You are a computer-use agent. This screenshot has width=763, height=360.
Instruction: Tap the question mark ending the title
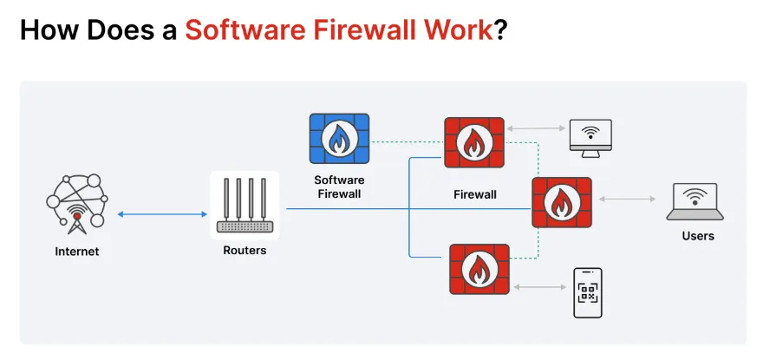pyautogui.click(x=500, y=30)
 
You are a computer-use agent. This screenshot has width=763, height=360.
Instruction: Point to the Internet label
pyautogui.click(x=76, y=252)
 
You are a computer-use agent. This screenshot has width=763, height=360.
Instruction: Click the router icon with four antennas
pyautogui.click(x=245, y=206)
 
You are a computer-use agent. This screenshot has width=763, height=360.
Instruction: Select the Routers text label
pyautogui.click(x=245, y=251)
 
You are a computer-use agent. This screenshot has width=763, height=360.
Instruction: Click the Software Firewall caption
pyautogui.click(x=338, y=187)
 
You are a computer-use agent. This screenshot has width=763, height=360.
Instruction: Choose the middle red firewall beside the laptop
pyautogui.click(x=561, y=202)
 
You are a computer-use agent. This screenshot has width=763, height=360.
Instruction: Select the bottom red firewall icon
pyautogui.click(x=479, y=269)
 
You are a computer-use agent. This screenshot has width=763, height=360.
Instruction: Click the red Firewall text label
pyautogui.click(x=475, y=194)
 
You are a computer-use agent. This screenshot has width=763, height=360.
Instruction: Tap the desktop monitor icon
pyautogui.click(x=590, y=136)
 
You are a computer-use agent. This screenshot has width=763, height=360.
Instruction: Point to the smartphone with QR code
pyautogui.click(x=588, y=293)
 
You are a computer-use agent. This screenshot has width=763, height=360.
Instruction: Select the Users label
pyautogui.click(x=697, y=236)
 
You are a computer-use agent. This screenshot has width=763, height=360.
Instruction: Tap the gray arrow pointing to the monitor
pyautogui.click(x=534, y=128)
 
